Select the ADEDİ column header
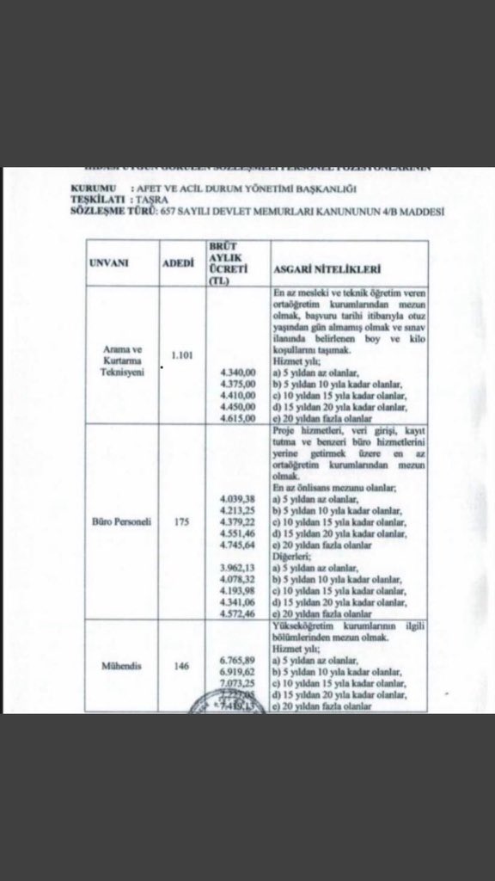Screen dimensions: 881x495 [179, 263]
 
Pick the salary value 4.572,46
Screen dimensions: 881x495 [236, 617]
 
